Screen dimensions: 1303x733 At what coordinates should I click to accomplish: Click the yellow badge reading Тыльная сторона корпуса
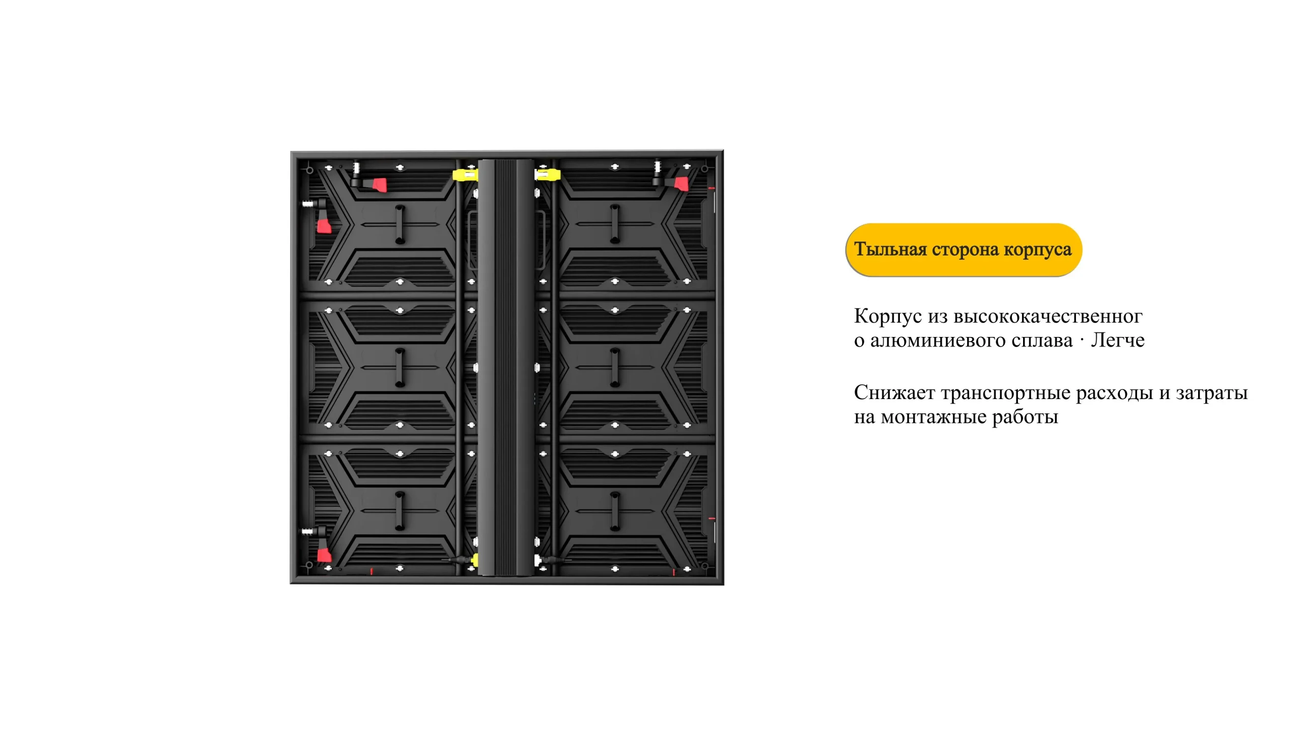[964, 249]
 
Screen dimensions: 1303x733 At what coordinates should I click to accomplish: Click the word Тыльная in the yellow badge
[890, 249]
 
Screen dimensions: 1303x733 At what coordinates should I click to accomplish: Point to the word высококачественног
[1048, 317]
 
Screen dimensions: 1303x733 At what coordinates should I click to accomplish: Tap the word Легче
[1118, 340]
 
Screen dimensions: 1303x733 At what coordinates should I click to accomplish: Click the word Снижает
[894, 392]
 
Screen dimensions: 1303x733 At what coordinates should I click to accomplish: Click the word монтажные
[934, 417]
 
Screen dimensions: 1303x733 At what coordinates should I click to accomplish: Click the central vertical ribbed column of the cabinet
[506, 368]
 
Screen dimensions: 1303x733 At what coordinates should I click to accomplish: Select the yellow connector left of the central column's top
[465, 176]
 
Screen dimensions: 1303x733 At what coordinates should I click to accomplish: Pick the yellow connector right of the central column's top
[547, 175]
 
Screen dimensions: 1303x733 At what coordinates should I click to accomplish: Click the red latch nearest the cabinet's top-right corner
[682, 184]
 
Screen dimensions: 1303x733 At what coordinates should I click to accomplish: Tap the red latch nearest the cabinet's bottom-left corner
[324, 555]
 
